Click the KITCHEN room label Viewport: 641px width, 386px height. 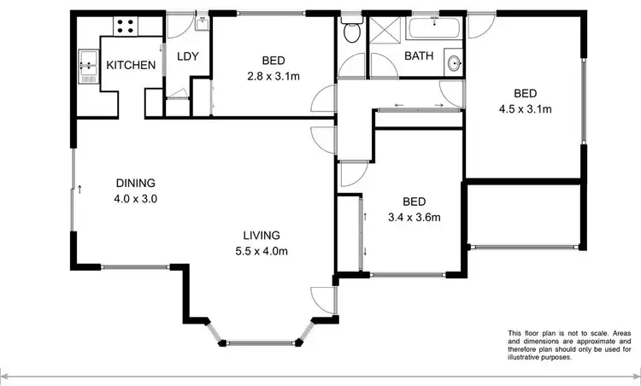pyautogui.click(x=131, y=65)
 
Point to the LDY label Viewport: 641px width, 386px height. pyautogui.click(x=187, y=57)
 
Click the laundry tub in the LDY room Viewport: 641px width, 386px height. pyautogui.click(x=202, y=22)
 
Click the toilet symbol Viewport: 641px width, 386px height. pyautogui.click(x=351, y=32)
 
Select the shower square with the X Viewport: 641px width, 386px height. pyautogui.click(x=383, y=32)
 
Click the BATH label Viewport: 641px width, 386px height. pyautogui.click(x=418, y=56)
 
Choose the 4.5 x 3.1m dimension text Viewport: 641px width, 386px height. pyautogui.click(x=525, y=108)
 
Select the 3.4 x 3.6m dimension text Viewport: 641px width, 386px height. pyautogui.click(x=414, y=217)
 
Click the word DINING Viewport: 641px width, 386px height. pyautogui.click(x=136, y=183)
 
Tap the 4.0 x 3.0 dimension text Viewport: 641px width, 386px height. pyautogui.click(x=136, y=198)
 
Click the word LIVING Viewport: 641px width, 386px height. pyautogui.click(x=261, y=236)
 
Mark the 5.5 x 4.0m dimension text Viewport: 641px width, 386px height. pyautogui.click(x=261, y=251)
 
